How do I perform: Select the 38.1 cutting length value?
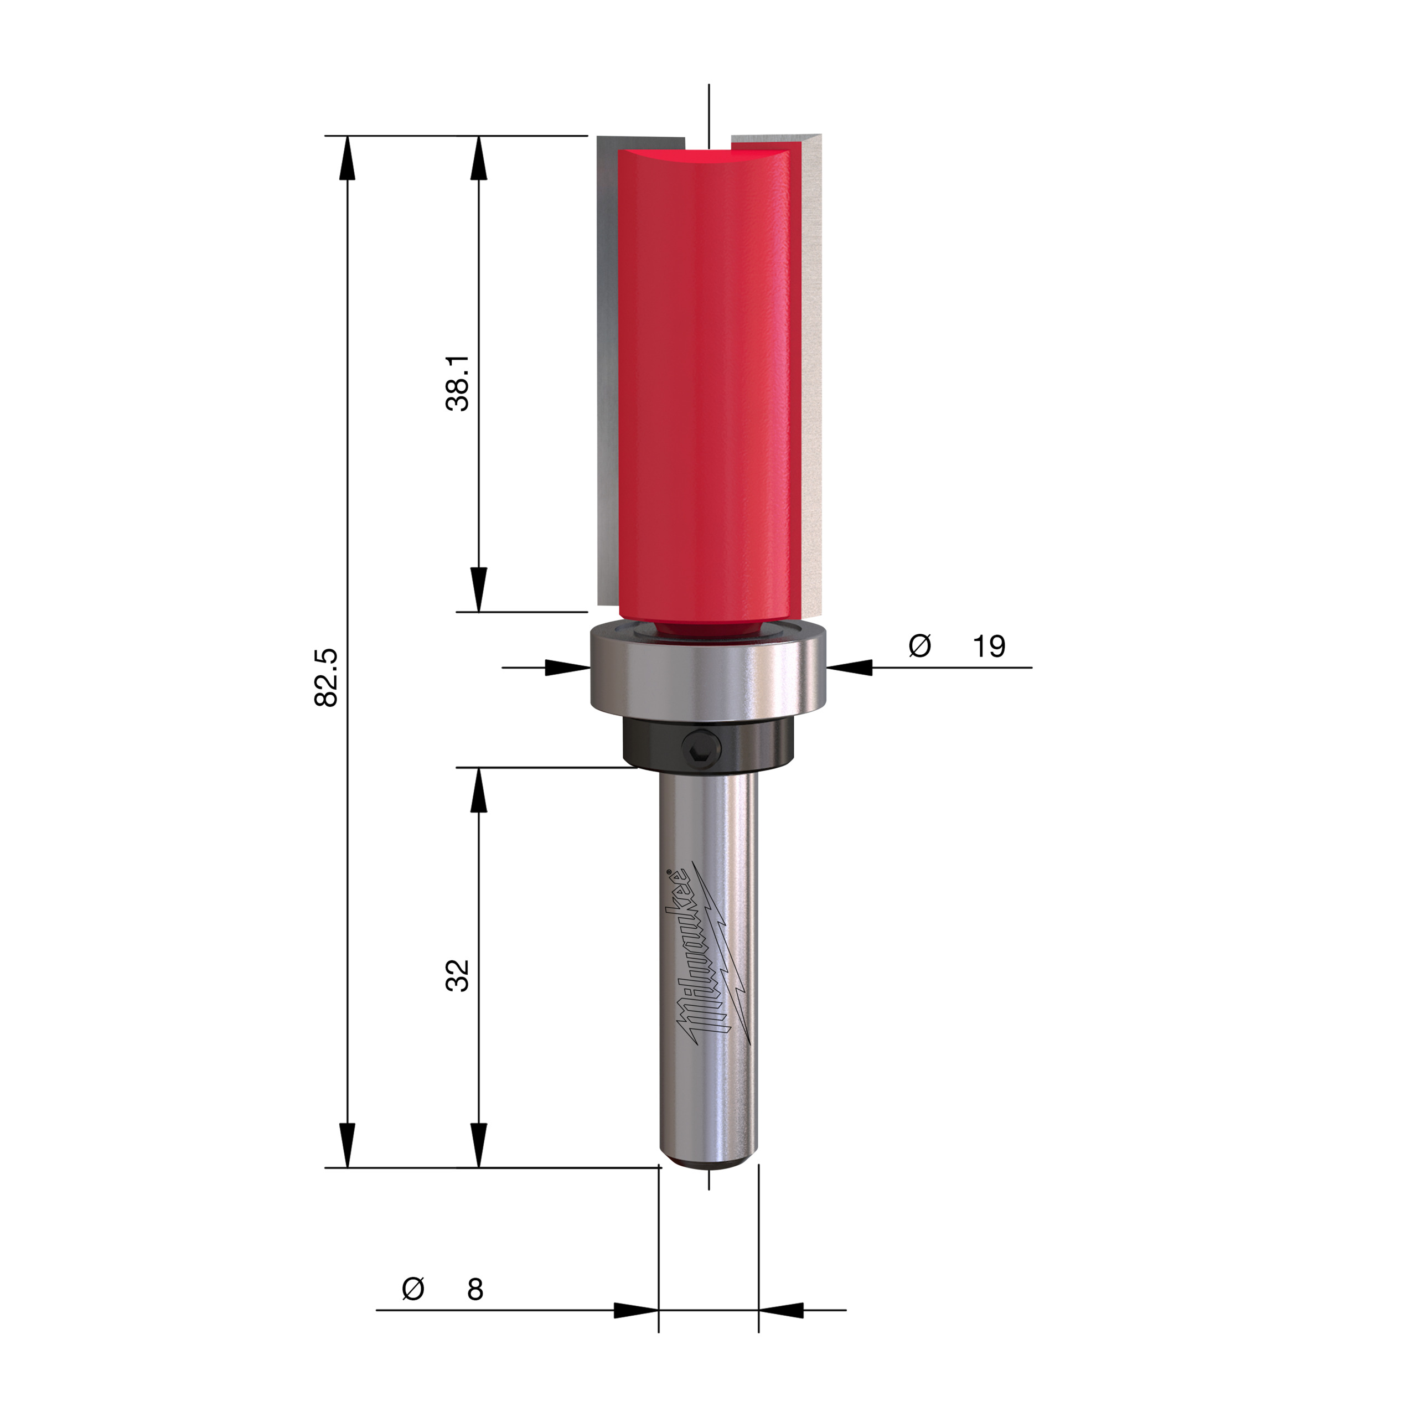[458, 384]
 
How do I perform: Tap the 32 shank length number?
[458, 975]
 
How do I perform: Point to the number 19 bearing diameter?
[989, 646]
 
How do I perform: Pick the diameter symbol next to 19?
[920, 645]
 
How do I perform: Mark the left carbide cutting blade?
[608, 367]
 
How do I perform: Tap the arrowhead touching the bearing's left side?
[568, 668]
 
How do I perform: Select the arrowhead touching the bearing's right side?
[850, 668]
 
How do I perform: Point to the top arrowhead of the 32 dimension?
[478, 790]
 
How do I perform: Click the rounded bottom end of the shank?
[708, 1162]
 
